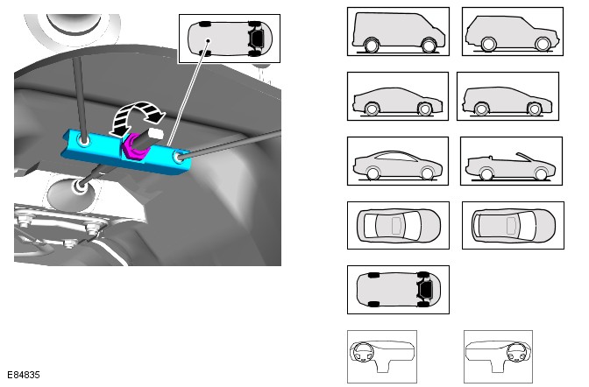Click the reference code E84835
(24, 375)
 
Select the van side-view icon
(398, 32)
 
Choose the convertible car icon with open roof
(511, 161)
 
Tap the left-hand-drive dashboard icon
(382, 356)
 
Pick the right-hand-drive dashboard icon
(498, 356)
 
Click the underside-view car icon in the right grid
(398, 290)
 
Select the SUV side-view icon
(513, 32)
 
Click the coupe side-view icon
(398, 161)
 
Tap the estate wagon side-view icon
(507, 96)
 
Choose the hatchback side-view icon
(398, 96)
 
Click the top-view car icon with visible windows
(398, 225)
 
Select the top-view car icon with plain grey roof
(513, 225)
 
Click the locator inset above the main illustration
(230, 39)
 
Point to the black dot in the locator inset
(208, 40)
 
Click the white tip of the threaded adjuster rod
(156, 133)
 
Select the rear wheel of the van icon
(429, 46)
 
